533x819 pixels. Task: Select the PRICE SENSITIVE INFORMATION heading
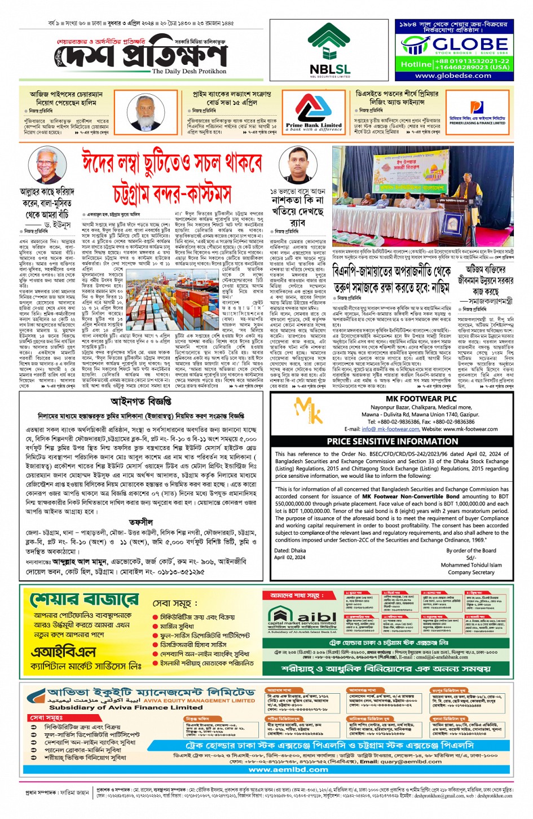pyautogui.click(x=393, y=442)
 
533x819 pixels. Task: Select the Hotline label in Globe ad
pyautogui.click(x=416, y=64)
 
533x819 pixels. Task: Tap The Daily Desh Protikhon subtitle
pyautogui.click(x=189, y=72)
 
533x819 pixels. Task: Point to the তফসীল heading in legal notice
pyautogui.click(x=141, y=522)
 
